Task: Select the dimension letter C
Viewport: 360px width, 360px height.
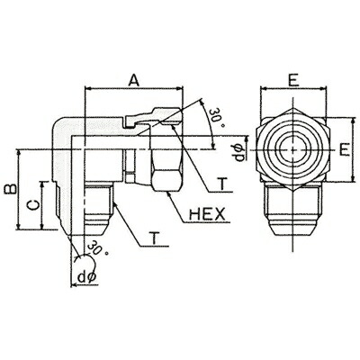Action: click(33, 204)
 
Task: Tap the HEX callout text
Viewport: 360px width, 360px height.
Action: click(207, 214)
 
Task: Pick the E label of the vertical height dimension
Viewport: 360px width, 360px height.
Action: click(345, 149)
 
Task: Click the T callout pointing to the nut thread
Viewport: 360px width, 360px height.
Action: click(222, 184)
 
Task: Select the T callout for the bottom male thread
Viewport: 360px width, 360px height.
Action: click(155, 238)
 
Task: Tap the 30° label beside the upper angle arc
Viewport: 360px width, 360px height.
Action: click(217, 118)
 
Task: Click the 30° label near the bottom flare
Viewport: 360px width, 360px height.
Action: click(98, 247)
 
